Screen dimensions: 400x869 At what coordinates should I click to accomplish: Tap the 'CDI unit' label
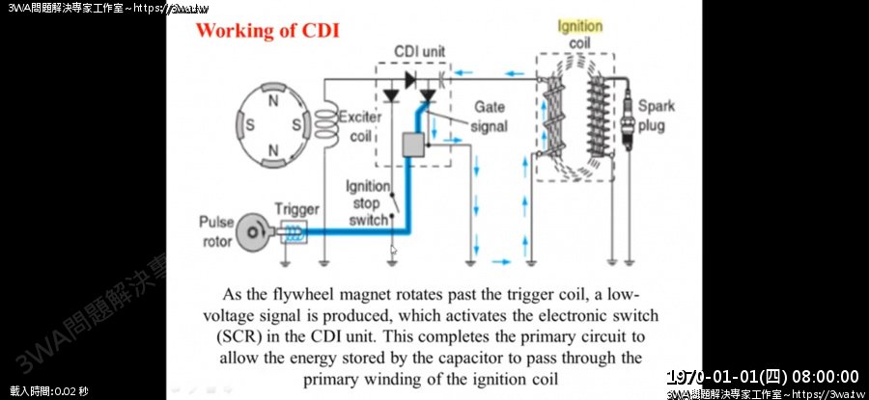coord(420,50)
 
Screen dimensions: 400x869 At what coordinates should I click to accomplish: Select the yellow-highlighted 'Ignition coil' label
coord(580,35)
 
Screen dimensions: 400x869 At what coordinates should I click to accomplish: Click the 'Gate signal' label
coord(491,117)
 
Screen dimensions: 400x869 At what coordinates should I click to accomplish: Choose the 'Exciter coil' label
coord(361,126)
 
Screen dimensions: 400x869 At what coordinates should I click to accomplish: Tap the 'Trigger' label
coord(295,208)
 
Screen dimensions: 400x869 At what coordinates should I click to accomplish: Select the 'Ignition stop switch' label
coord(367,202)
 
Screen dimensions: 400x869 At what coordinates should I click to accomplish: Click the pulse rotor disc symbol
coord(254,231)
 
